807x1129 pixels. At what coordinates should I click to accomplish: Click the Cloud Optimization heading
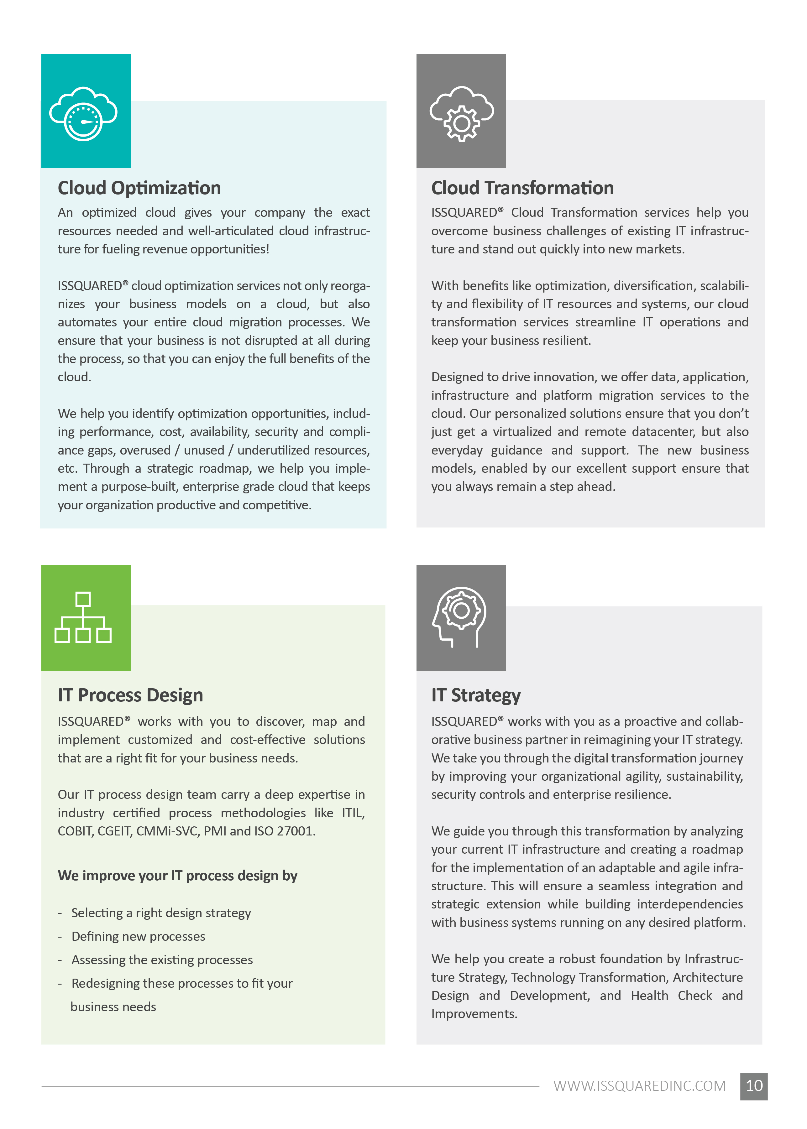click(139, 188)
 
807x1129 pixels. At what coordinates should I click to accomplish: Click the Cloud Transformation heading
click(522, 188)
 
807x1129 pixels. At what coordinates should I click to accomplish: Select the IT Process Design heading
click(130, 695)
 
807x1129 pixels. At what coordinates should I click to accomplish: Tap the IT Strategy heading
click(475, 695)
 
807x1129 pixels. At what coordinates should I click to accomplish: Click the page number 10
click(753, 1086)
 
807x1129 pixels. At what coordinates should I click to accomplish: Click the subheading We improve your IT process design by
click(177, 876)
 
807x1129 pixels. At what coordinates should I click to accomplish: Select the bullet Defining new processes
click(138, 936)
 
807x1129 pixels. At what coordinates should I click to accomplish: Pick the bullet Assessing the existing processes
click(162, 960)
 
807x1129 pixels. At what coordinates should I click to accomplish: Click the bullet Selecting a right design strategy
click(161, 913)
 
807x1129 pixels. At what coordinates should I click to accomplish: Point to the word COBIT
click(75, 831)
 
